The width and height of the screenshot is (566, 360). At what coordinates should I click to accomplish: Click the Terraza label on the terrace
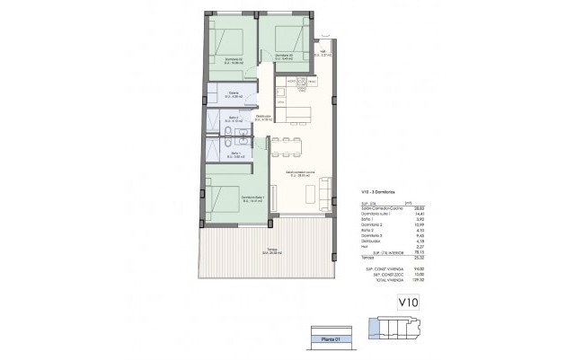[x=271, y=251]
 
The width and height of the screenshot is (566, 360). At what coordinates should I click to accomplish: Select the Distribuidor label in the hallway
[x=263, y=117]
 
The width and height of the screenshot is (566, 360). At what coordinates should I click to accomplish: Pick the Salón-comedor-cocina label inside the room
[x=299, y=172]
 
